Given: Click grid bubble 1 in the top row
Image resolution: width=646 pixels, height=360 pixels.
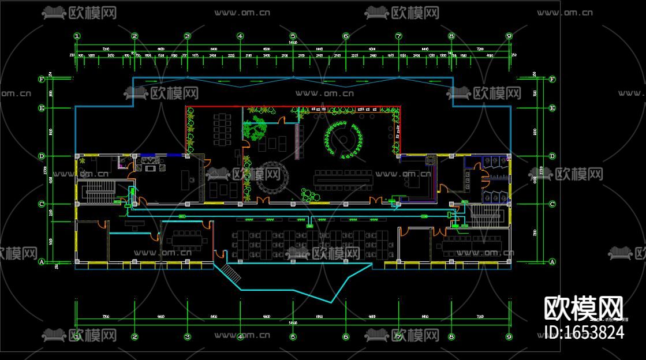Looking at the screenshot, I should click(x=77, y=36).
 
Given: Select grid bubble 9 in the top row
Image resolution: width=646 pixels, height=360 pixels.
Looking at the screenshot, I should click(x=509, y=36).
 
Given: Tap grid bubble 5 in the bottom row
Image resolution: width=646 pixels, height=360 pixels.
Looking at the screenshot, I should click(x=293, y=336).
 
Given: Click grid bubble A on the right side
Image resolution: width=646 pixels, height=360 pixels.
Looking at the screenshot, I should click(x=552, y=261).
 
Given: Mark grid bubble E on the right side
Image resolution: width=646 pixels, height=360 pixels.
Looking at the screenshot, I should click(x=552, y=108).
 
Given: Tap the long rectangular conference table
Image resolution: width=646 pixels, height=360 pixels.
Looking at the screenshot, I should click(x=344, y=179).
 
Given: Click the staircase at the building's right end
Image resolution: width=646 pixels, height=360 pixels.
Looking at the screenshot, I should click(x=485, y=216).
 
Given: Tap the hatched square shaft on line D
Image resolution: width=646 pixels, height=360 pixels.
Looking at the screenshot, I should click(x=430, y=159).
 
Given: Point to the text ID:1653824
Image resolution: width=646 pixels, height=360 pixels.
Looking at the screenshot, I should click(x=584, y=332).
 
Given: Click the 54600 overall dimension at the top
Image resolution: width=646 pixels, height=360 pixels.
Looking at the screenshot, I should click(x=293, y=43).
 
